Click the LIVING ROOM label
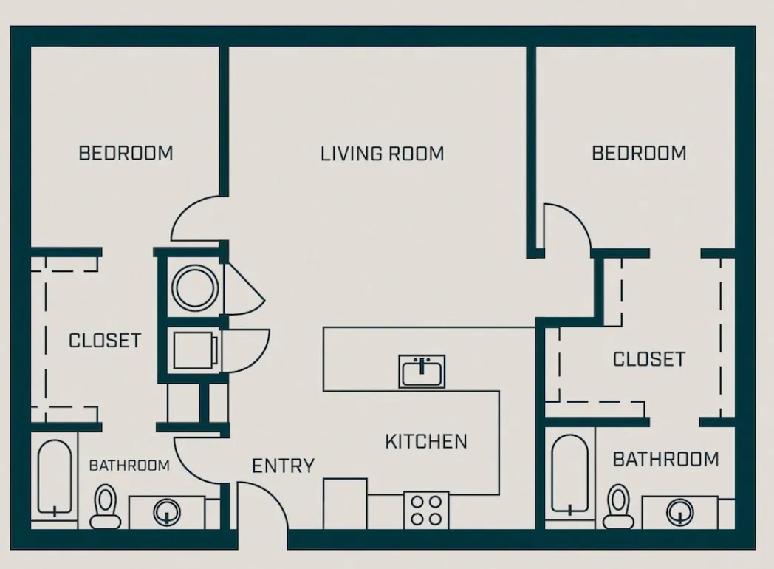coord(382,154)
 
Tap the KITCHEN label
coord(426,441)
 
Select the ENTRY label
coord(283,466)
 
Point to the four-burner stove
coord(426,510)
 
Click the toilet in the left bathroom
coord(106,506)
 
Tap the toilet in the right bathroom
coord(618,507)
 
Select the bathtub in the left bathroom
coord(54,479)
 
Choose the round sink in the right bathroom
coord(679,511)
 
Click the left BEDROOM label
coord(126,153)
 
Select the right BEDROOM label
coord(639,153)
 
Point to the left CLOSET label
coord(104,341)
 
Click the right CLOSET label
coord(648,359)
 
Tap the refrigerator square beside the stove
coord(345,503)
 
